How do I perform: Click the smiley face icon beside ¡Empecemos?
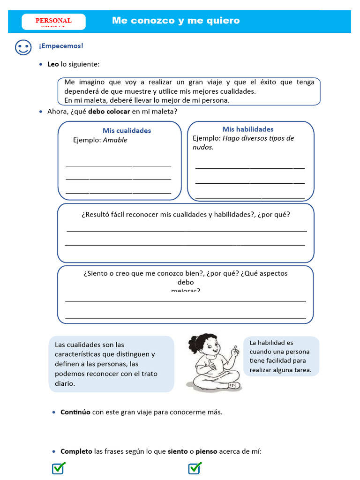[x=23, y=47]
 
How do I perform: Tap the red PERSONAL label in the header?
[x=53, y=21]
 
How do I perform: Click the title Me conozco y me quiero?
[x=176, y=21]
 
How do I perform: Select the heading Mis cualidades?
[x=127, y=130]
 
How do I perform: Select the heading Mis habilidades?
[x=248, y=129]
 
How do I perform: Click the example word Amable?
[x=115, y=140]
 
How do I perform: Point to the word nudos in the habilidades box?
[x=203, y=147]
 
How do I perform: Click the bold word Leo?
[x=53, y=64]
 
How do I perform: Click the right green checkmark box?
[x=195, y=468]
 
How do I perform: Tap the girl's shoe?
[x=234, y=385]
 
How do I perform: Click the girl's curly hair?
[x=202, y=341]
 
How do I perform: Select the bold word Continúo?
[x=75, y=412]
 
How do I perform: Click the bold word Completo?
[x=76, y=451]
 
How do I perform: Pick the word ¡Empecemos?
[x=61, y=46]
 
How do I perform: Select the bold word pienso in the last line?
[x=206, y=451]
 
